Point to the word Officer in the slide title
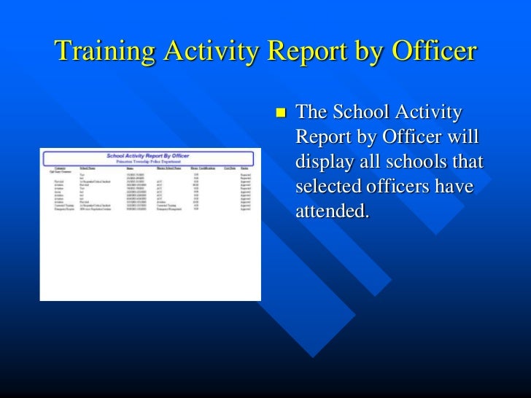(435, 53)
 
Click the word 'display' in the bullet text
(322, 162)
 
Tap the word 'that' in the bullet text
(470, 162)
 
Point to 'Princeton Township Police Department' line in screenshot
(148, 161)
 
